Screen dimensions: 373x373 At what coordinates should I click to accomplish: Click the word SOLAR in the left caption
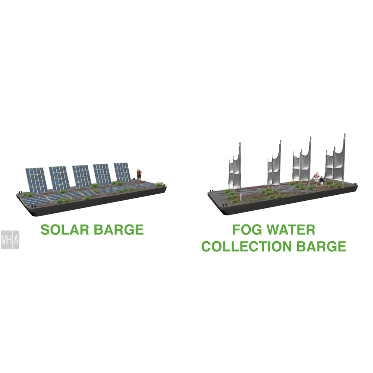coord(65,229)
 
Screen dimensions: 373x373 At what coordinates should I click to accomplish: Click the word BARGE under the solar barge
coord(119,229)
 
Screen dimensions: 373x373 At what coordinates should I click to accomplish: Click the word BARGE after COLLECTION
coord(322,246)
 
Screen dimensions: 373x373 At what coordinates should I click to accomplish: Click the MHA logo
coord(10,240)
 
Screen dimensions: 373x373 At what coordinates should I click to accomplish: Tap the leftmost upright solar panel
coord(37,180)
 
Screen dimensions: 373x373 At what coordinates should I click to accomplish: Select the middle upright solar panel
coord(82,176)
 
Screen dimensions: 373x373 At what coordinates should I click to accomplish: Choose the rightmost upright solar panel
coord(122,172)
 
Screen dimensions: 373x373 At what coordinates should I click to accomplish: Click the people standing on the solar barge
coord(139,175)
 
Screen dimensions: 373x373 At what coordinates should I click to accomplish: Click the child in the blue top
coord(322,181)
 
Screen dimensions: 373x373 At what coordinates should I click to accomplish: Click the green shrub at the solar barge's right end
coord(159,184)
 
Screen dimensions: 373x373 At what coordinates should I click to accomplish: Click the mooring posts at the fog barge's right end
coord(355,184)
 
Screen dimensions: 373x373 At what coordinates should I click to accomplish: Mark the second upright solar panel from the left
coord(59,178)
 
